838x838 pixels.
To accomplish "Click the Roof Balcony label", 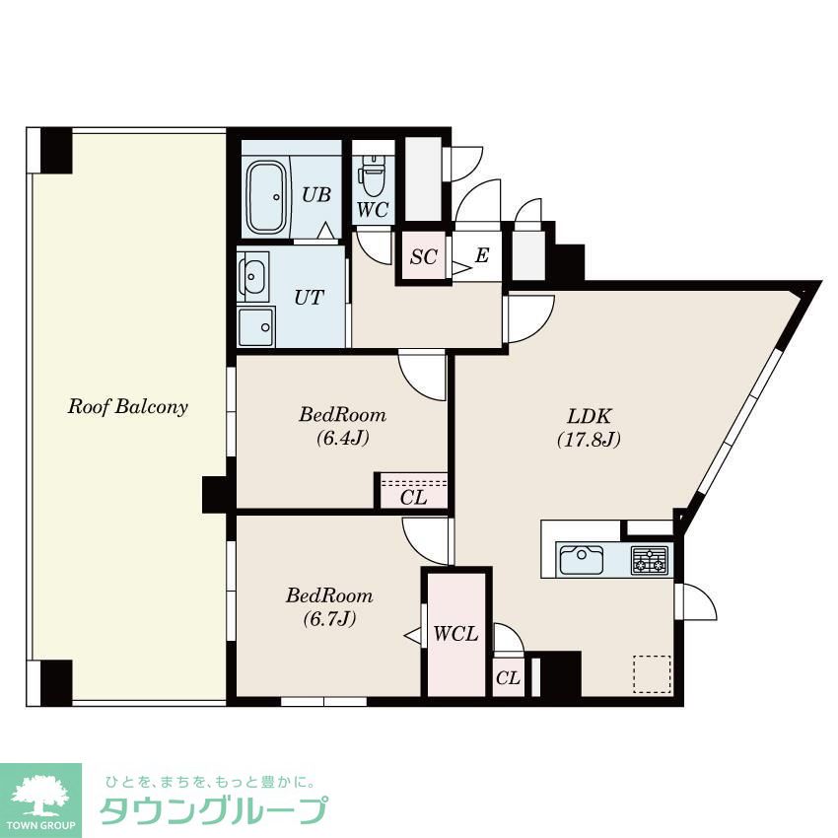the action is click(128, 407).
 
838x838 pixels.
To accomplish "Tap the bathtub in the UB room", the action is click(267, 197).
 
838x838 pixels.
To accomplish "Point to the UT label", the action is click(309, 297).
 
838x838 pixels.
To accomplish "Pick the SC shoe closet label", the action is click(424, 257).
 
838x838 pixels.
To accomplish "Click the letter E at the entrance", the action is click(482, 255).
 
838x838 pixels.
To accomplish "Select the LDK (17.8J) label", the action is click(589, 428).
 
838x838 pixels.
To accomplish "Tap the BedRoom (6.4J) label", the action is click(342, 426).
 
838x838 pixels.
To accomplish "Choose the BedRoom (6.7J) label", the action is click(329, 606).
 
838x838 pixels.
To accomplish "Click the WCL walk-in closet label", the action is click(455, 634).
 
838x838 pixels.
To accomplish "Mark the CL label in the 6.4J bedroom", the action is click(414, 498).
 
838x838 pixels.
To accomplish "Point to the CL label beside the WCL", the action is click(508, 678).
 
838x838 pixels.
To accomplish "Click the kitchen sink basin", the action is click(582, 560).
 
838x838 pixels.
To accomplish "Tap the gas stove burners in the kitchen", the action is click(650, 560).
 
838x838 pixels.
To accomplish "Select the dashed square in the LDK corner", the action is click(652, 674).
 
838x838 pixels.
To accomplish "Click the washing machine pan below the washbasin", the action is click(256, 326).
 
